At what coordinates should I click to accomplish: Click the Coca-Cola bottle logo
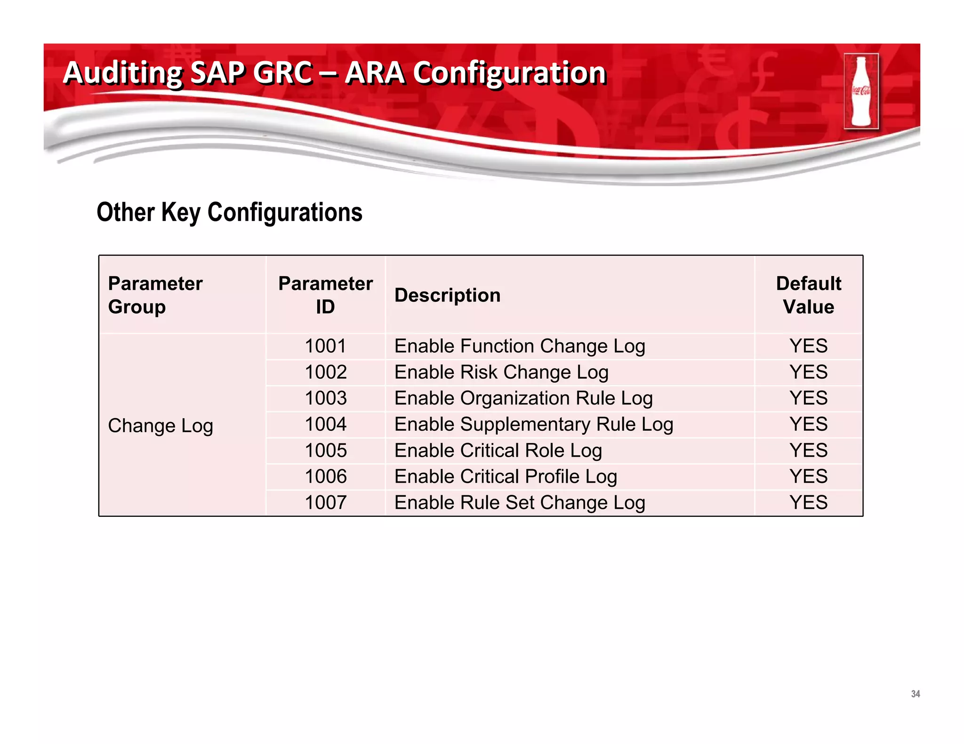[861, 91]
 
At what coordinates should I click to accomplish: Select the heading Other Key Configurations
[229, 212]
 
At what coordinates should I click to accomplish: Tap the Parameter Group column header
[155, 295]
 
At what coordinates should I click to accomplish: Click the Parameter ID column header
[325, 295]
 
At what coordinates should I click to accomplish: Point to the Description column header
[447, 295]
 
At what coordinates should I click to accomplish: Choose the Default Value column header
[808, 295]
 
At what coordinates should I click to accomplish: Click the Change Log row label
[161, 426]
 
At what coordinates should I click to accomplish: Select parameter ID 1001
[325, 346]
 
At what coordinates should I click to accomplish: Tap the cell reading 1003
[325, 398]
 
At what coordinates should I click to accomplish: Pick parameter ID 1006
[325, 476]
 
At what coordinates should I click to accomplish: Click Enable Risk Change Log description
[501, 372]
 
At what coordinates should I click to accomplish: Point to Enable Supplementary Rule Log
[534, 425]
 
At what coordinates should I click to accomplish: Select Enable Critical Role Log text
[498, 451]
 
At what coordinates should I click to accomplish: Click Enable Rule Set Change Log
[520, 503]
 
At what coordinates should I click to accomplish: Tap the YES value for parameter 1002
[808, 372]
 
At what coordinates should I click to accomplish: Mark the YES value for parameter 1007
[808, 503]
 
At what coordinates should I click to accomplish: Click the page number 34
[915, 694]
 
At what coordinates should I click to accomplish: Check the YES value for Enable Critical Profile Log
[808, 476]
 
